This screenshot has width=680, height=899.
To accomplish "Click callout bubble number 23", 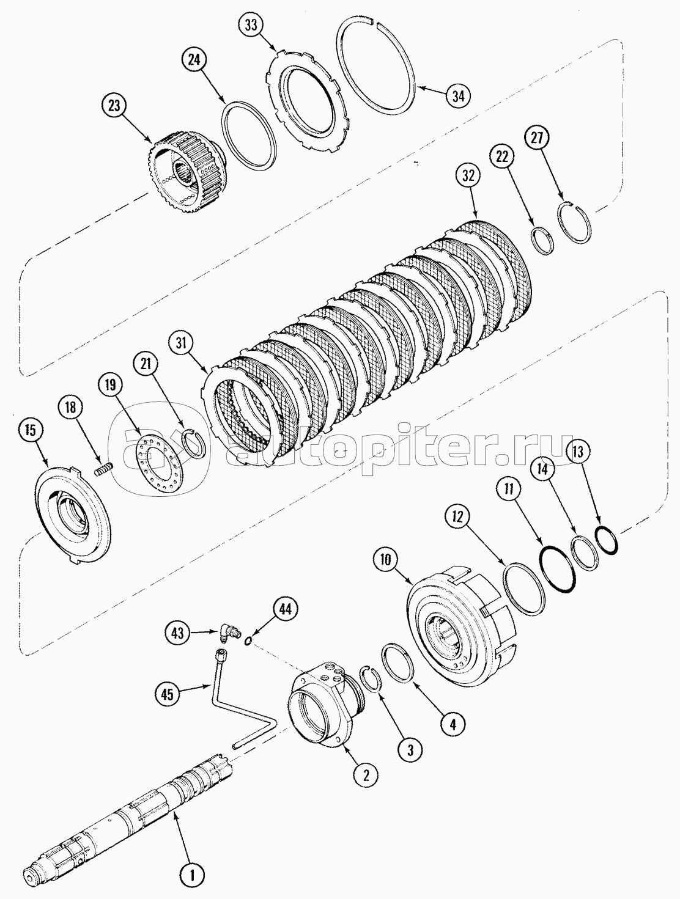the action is [114, 106].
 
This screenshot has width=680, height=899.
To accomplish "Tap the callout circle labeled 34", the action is [459, 96].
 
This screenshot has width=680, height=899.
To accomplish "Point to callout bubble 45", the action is [168, 694].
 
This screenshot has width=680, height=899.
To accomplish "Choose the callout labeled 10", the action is [386, 560].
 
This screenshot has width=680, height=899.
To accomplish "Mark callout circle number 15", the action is [31, 430].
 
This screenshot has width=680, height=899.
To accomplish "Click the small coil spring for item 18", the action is [103, 469].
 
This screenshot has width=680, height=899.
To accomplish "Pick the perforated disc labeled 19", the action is [157, 462].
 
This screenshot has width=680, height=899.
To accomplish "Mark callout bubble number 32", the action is [468, 175].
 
